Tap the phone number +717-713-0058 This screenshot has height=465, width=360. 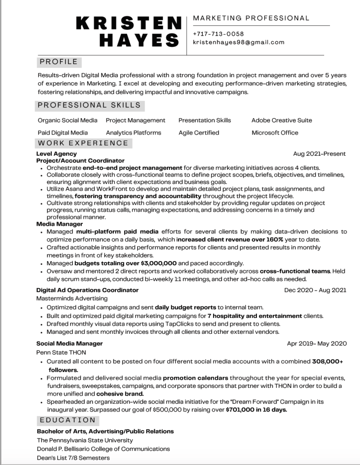(218, 34)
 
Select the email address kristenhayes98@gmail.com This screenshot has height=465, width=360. (239, 42)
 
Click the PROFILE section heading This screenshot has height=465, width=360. (59, 62)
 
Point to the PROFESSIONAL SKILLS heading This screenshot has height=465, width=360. (89, 105)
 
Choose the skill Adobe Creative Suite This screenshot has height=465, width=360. (281, 120)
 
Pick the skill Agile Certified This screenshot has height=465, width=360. (199, 133)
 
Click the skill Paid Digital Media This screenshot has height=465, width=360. (63, 133)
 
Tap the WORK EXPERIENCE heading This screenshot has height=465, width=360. (83, 143)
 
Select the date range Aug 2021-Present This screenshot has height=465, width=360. (319, 154)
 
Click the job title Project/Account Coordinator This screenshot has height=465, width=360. (80, 161)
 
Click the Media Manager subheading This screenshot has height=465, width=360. (60, 224)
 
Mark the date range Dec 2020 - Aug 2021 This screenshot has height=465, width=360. (315, 290)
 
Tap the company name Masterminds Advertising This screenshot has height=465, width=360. (72, 298)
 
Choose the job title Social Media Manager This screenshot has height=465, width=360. (70, 343)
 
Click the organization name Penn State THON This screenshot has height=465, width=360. (61, 352)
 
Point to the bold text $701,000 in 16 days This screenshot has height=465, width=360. (256, 410)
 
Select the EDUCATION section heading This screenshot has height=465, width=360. (67, 420)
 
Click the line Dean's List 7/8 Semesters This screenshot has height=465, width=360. (73, 458)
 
